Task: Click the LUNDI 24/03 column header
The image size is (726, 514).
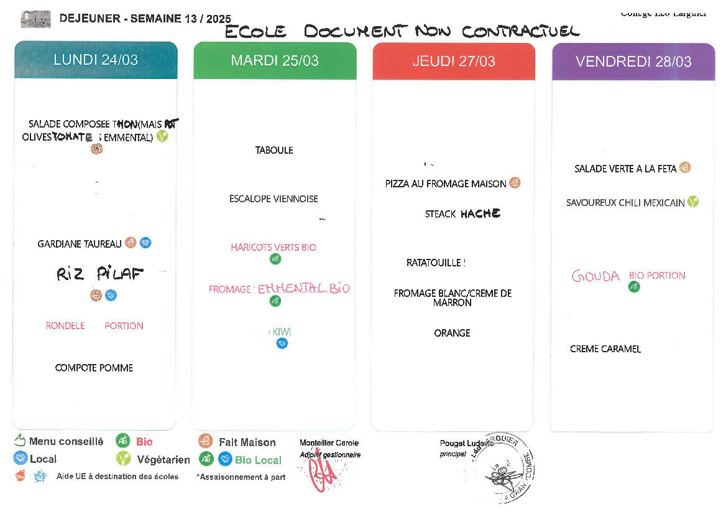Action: coord(96,60)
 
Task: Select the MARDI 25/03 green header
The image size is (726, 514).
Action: coord(275,60)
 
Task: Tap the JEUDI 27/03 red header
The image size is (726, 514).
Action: coord(454,61)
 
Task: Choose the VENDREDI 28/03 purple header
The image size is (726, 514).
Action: coord(633,62)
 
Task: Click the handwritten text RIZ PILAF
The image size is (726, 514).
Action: coord(99,274)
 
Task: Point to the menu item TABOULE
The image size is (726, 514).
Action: coord(274,150)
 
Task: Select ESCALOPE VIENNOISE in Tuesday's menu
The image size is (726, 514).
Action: coord(273,199)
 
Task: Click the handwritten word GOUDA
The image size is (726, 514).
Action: coord(595,276)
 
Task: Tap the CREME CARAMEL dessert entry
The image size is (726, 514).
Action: coord(605,349)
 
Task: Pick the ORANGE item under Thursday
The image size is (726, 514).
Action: coord(452,333)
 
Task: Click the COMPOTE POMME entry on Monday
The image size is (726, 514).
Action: coord(94,368)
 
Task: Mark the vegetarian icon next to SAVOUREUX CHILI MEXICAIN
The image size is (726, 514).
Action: coord(692,202)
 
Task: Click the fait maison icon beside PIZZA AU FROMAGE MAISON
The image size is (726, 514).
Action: coord(515,183)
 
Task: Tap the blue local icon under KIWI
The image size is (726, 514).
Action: coord(282,343)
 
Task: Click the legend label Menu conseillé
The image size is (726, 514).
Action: coord(66,442)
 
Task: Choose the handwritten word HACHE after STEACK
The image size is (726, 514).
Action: coord(480,213)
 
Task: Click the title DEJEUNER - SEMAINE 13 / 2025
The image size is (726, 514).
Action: coord(145,19)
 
